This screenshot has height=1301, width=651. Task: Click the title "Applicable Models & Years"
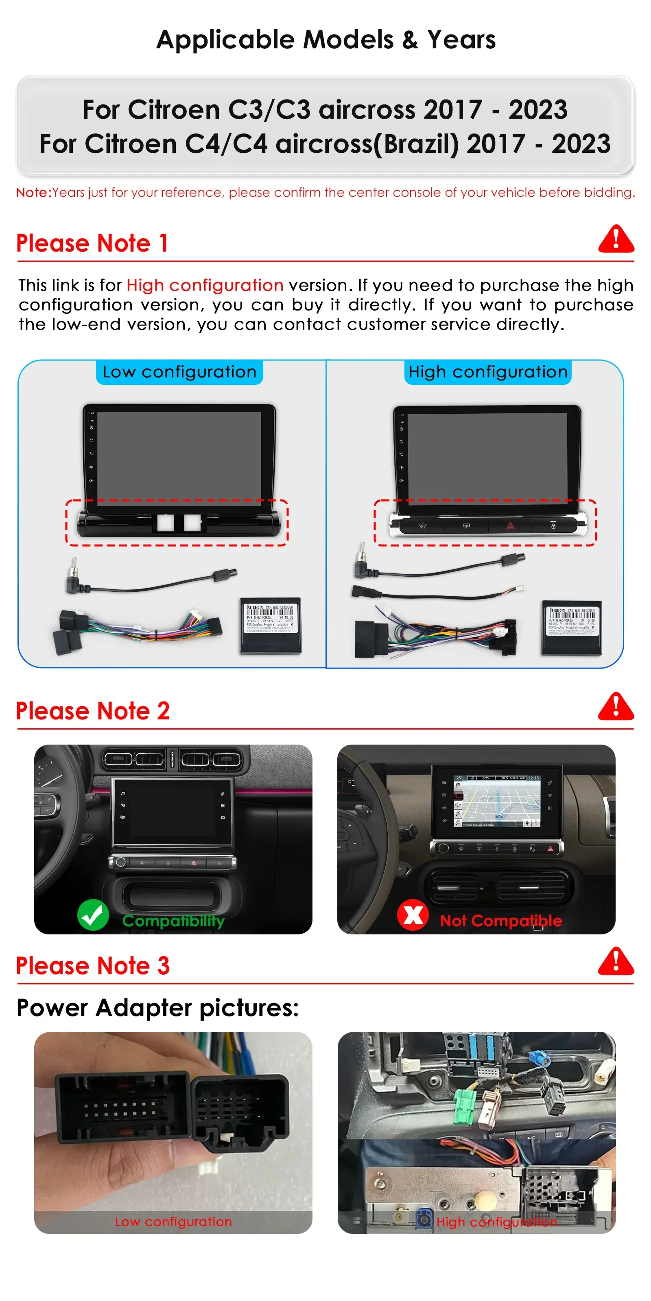tap(325, 39)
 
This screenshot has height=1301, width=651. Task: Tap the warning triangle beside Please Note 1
tap(616, 239)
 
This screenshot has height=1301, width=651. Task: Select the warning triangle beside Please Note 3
tap(616, 962)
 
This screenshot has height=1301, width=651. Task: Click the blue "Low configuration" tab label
tap(179, 372)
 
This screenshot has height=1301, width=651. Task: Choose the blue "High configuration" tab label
tap(488, 372)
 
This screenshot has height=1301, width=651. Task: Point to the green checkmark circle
tap(93, 914)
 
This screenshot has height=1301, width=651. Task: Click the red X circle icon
tap(413, 914)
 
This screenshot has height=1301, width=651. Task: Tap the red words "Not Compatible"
tap(501, 921)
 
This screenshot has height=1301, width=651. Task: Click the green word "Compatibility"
tap(173, 921)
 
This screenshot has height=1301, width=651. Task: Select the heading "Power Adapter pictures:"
tap(158, 1008)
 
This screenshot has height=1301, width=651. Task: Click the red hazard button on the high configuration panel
tap(510, 526)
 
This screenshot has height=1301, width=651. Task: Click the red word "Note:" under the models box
tap(34, 192)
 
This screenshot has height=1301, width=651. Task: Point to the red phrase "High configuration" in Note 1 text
tap(205, 285)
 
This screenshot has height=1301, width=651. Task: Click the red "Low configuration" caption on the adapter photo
tap(173, 1221)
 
